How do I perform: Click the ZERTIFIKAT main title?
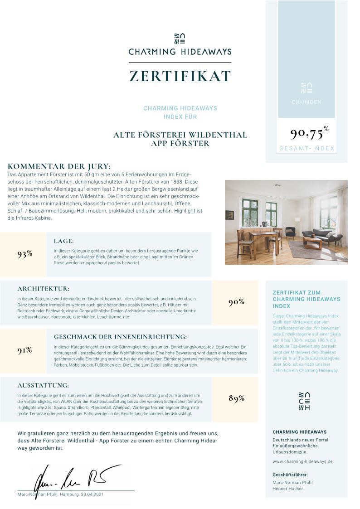tap(180, 76)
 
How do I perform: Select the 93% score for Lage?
tap(25, 254)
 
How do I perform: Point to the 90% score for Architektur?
tap(236, 302)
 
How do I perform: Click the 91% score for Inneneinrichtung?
tap(24, 350)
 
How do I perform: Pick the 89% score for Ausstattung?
tap(236, 398)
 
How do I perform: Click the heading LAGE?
tap(63, 241)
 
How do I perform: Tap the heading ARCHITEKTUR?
tap(44, 289)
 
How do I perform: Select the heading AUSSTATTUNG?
tap(43, 385)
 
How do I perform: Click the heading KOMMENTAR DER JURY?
tap(59, 166)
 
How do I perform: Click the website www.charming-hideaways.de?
tap(302, 461)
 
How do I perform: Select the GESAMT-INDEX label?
tap(306, 149)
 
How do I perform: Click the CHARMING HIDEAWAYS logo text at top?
tap(180, 52)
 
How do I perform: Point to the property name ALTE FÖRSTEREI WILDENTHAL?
tap(180, 135)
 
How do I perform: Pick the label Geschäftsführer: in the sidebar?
tap(290, 475)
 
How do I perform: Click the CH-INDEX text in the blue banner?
tap(306, 102)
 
